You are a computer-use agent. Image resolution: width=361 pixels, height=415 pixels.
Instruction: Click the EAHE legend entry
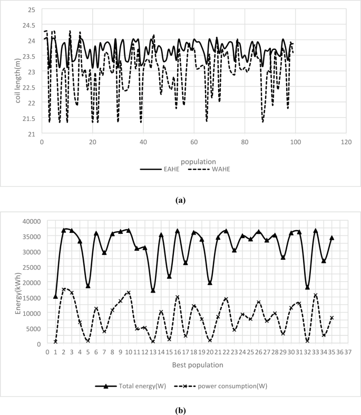[161, 169]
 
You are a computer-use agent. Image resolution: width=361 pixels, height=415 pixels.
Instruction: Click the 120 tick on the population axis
[346, 142]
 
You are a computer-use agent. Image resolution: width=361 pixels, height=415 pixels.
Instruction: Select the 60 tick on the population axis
[194, 142]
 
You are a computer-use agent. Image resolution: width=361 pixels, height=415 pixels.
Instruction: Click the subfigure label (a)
[181, 200]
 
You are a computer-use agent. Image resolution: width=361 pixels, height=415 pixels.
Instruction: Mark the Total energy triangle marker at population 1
[55, 297]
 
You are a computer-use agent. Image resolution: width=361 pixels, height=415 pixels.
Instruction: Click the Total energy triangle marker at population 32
[307, 287]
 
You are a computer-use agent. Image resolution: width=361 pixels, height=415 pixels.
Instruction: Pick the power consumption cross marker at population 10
[129, 293]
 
